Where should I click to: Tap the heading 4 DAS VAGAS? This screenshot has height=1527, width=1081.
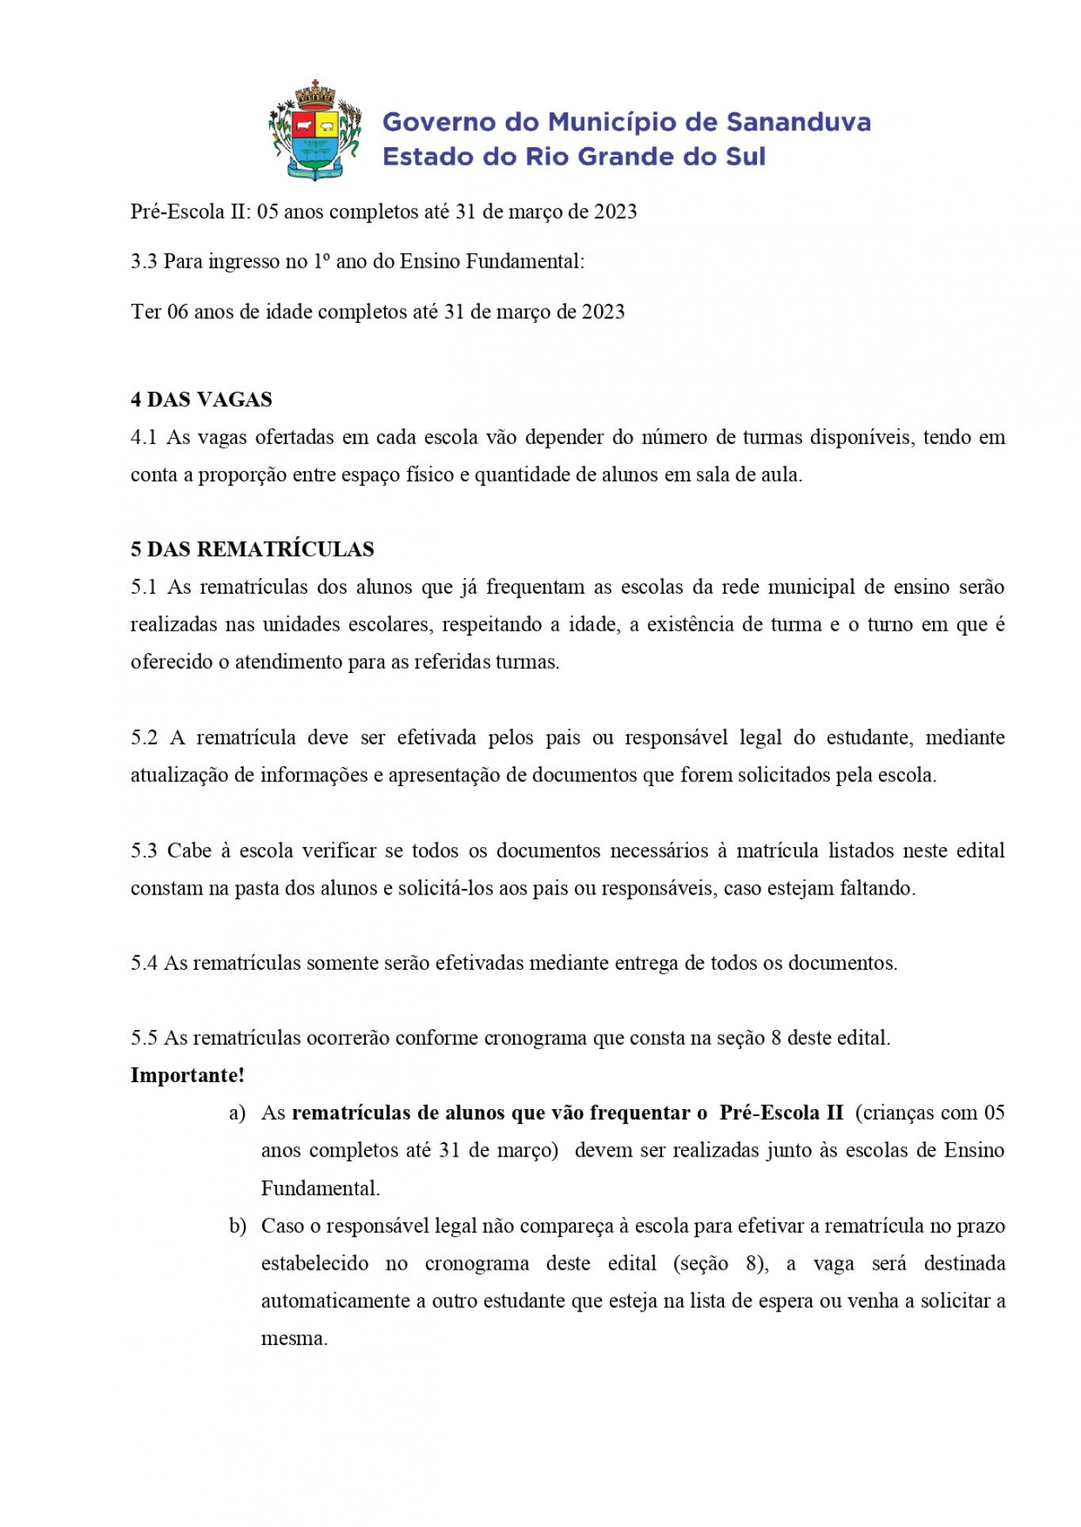coord(201,399)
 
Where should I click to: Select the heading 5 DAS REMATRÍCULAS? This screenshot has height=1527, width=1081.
coord(252,549)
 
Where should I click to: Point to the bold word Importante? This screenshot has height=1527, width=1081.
coord(187,1075)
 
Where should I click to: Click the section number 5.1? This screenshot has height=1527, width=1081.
coord(143,587)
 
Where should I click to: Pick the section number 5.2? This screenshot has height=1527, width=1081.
coord(143,738)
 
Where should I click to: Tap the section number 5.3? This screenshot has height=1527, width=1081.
coord(143,851)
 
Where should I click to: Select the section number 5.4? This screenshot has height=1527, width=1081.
coord(143,963)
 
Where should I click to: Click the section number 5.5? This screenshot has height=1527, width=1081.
coord(143,1038)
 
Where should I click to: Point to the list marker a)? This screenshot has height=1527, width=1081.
coord(237,1113)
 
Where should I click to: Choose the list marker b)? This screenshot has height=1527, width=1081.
coord(237,1226)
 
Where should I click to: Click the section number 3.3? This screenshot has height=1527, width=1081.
coord(143,261)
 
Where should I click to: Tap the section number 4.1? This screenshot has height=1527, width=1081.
coord(143,437)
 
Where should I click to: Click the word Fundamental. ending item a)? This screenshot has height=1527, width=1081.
coord(320,1188)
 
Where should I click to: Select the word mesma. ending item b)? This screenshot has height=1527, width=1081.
coord(294,1339)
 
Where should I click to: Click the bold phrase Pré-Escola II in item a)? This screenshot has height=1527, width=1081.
coord(781,1113)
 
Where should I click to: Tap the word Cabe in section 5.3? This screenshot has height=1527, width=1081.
coord(189,851)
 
